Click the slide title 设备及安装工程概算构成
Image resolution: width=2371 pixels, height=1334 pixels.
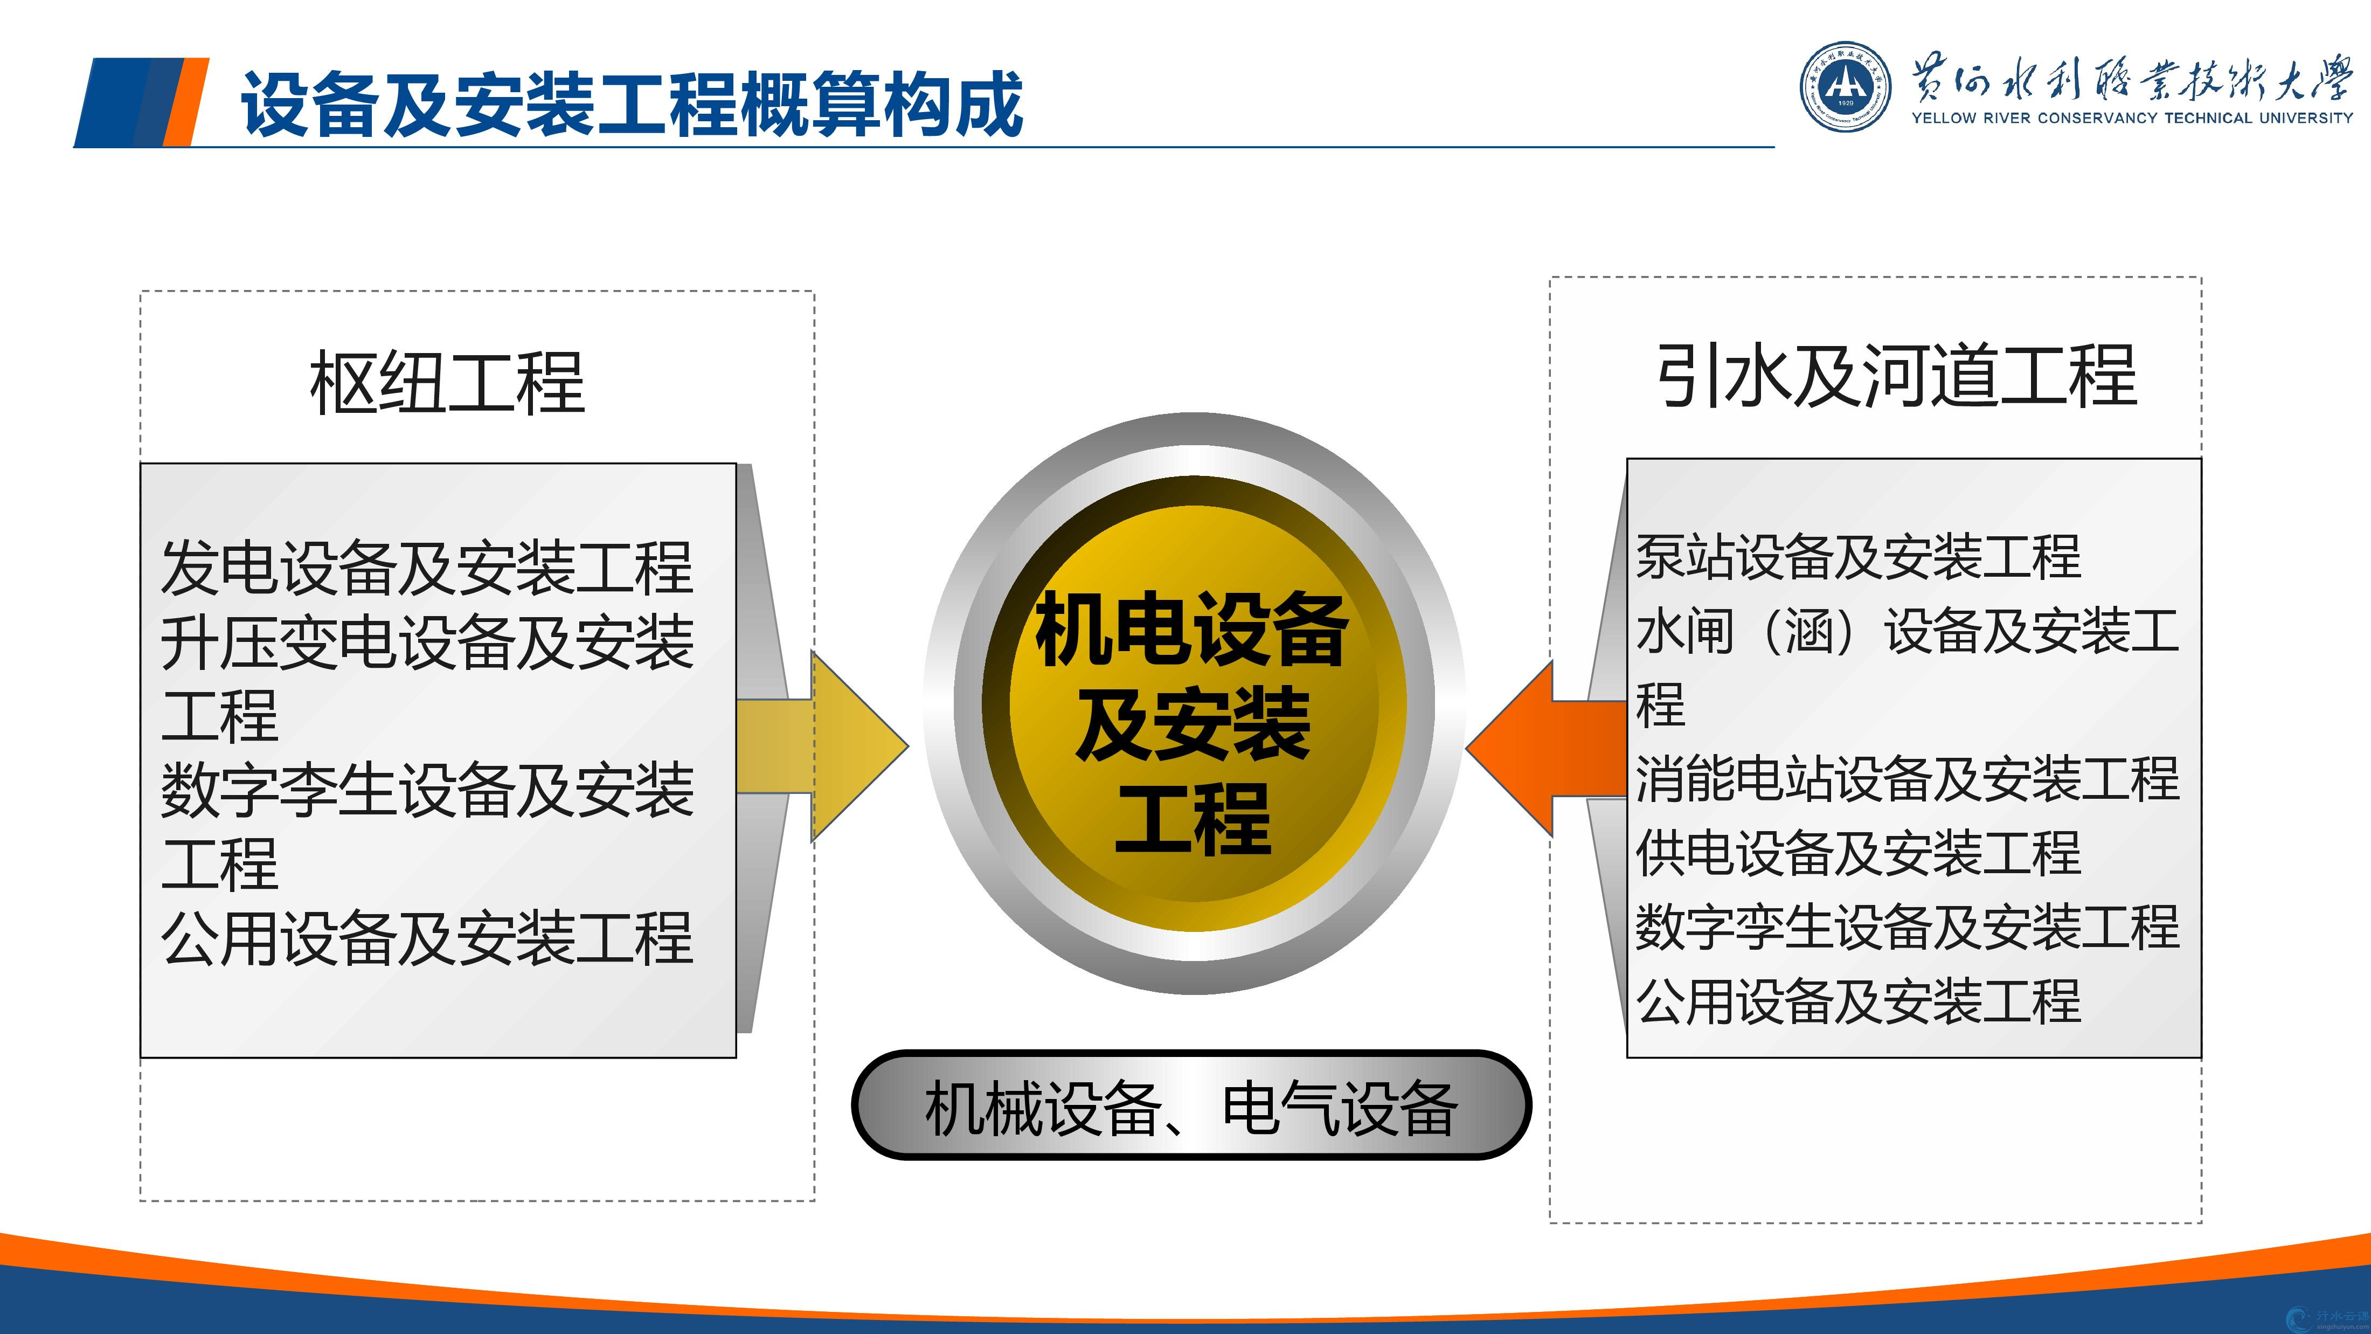(x=632, y=104)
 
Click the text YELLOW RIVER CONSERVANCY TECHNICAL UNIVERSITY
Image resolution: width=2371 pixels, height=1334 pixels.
(x=2132, y=118)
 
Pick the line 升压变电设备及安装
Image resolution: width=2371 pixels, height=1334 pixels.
(x=427, y=642)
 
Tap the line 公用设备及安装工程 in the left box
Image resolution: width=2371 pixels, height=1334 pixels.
(x=427, y=938)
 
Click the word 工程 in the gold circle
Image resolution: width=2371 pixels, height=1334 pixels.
(x=1193, y=819)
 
